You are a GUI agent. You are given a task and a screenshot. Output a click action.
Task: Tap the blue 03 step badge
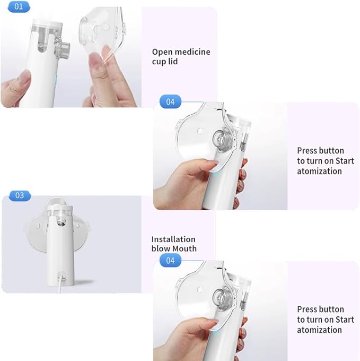point(20,195)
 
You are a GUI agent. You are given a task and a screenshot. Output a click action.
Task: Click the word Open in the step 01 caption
point(162,51)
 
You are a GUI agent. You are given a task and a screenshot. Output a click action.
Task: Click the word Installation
point(173,239)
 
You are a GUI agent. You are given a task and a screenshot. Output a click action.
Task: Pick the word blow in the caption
point(160,248)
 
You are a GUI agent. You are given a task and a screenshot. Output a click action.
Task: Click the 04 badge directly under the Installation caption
point(170,260)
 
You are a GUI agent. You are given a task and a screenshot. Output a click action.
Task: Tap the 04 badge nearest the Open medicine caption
point(170,102)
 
